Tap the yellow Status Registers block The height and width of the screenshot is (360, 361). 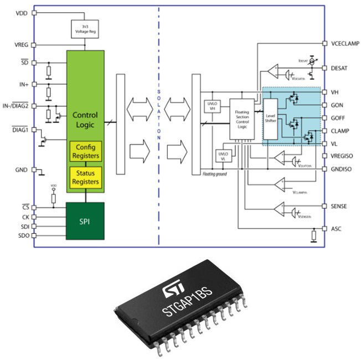(85, 177)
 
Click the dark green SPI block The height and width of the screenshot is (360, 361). (85, 221)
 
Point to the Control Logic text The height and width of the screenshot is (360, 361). (85, 120)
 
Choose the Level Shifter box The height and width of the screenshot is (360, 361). (270, 119)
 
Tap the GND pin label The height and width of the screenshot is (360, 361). (21, 170)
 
